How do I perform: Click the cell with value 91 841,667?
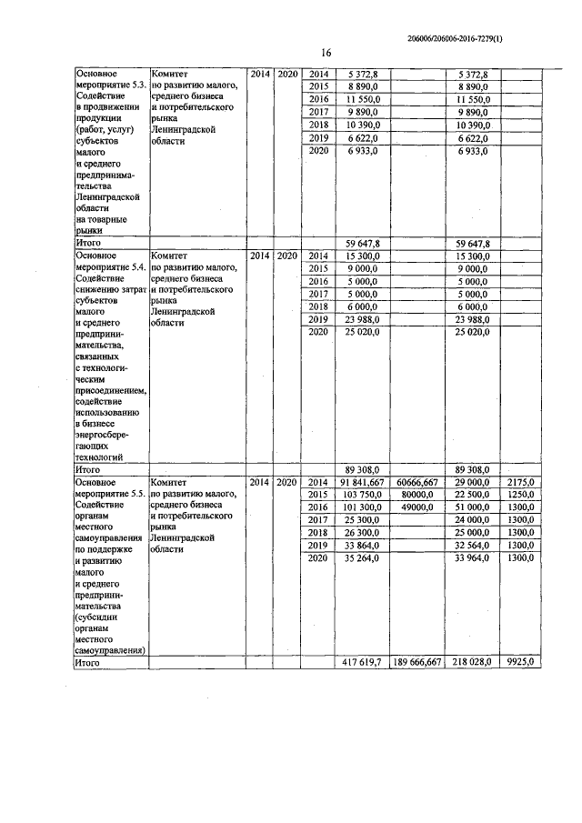(x=362, y=481)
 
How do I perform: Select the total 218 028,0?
(x=472, y=664)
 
